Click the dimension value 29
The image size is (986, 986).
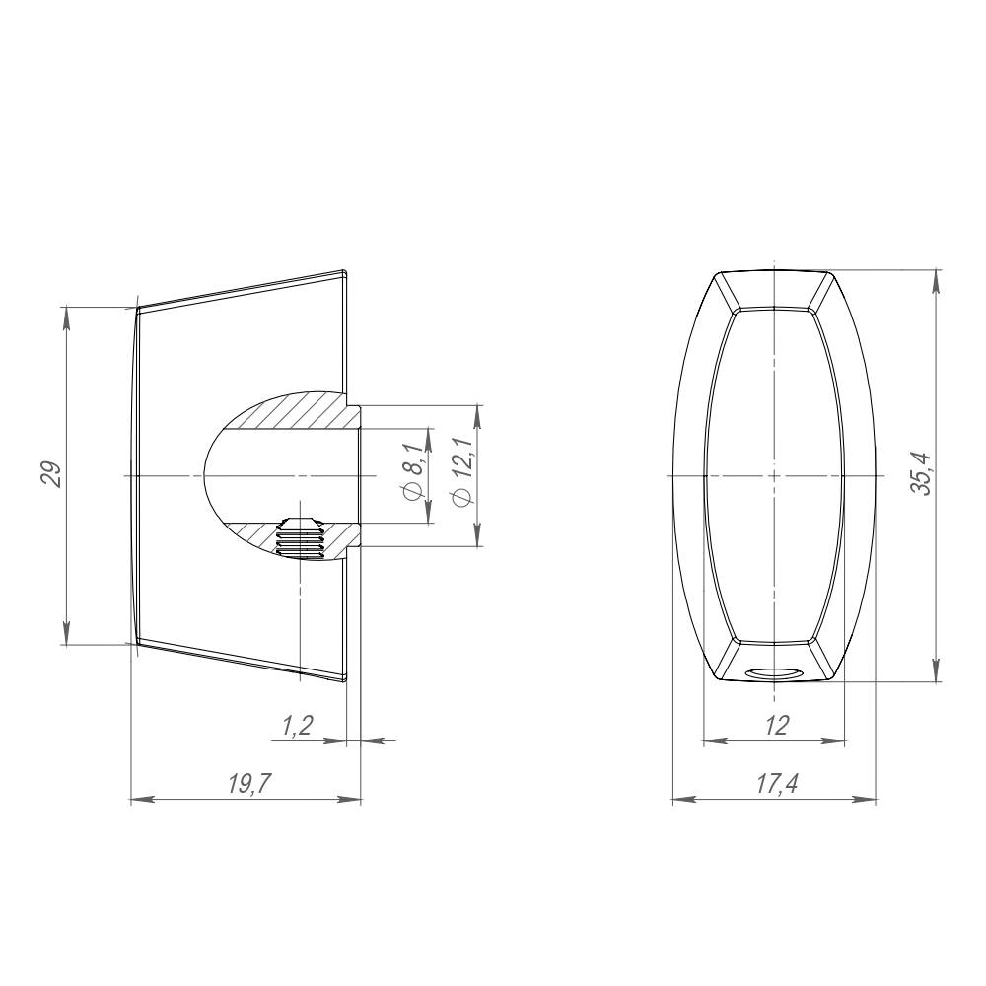click(x=51, y=475)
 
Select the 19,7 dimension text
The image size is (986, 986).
click(x=249, y=783)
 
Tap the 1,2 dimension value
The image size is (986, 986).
click(x=297, y=726)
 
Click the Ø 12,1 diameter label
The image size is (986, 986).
click(x=461, y=471)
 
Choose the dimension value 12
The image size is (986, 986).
click(x=777, y=725)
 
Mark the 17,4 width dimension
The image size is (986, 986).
click(x=777, y=783)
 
